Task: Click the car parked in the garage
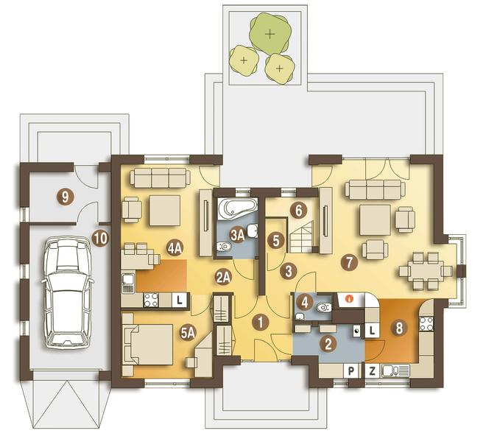click(x=67, y=292)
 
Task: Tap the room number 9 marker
click(x=65, y=197)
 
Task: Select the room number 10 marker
click(x=100, y=239)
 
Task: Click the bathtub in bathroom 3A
click(x=238, y=208)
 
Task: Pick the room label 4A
click(x=175, y=248)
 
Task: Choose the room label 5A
click(x=188, y=334)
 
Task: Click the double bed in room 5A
click(x=148, y=345)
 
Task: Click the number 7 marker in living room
click(x=349, y=262)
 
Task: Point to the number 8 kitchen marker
click(x=399, y=328)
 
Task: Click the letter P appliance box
click(x=351, y=371)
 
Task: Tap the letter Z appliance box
click(x=373, y=371)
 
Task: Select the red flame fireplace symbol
click(x=350, y=299)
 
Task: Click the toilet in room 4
click(x=324, y=309)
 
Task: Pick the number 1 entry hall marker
click(x=261, y=323)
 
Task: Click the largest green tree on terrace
click(x=270, y=33)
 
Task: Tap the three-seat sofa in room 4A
click(x=161, y=177)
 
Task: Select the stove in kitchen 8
click(x=426, y=323)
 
